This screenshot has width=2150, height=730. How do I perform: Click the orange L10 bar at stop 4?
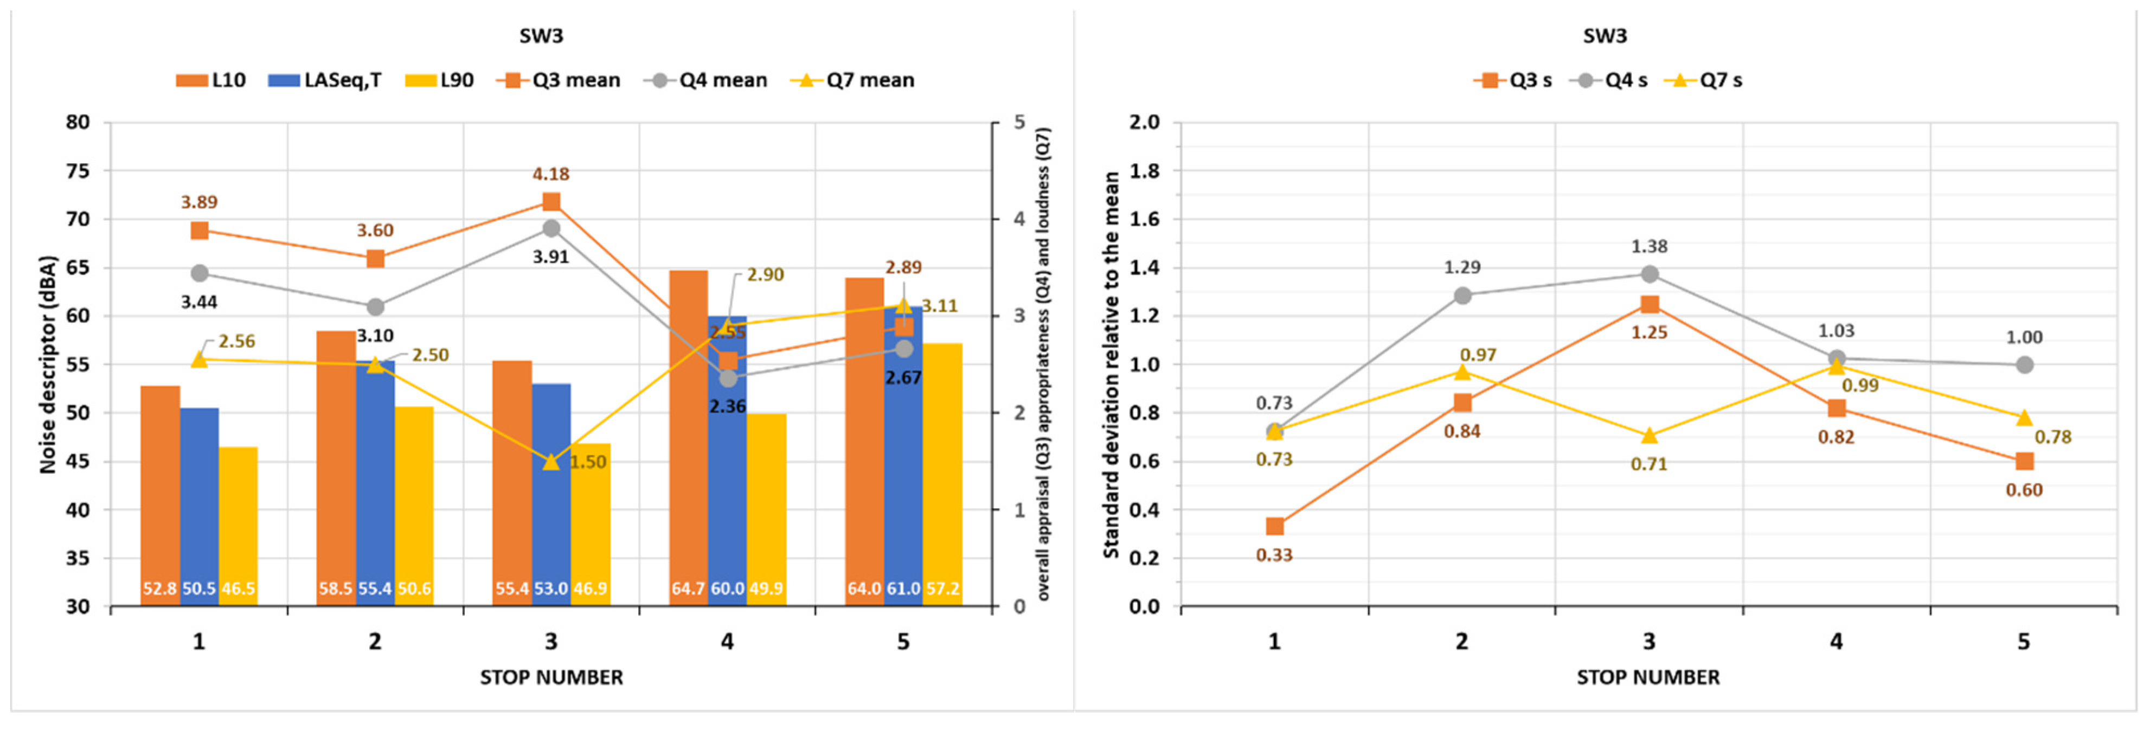tap(689, 434)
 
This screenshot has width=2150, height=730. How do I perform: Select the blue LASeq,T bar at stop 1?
tap(200, 501)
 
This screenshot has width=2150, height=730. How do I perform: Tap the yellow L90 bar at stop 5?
tap(942, 468)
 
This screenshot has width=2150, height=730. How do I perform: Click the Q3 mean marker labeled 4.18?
tap(551, 202)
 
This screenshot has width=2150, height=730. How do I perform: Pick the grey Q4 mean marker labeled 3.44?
tap(200, 274)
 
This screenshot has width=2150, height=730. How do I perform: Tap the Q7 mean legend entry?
tap(853, 80)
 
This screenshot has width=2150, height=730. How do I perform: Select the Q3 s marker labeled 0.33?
tap(1274, 526)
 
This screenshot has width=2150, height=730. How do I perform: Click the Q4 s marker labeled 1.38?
tap(1649, 274)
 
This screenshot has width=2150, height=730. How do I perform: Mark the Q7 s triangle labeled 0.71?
tap(1649, 436)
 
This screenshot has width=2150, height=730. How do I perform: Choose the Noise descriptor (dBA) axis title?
tap(48, 365)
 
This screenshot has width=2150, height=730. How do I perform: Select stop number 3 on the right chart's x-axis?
tap(1649, 642)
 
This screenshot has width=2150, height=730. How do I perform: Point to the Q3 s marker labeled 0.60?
tap(2024, 461)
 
